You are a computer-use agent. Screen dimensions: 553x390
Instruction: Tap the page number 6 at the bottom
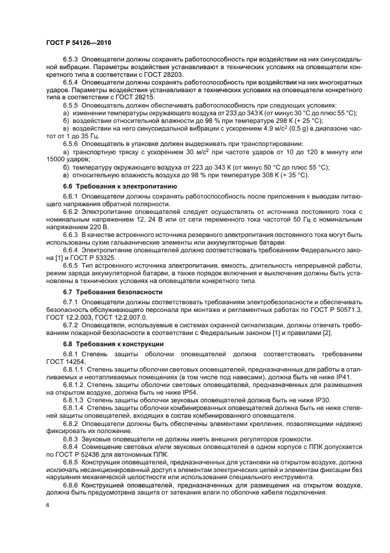tap(47, 505)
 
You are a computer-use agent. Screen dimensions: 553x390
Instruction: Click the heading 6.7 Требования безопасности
tap(112, 292)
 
